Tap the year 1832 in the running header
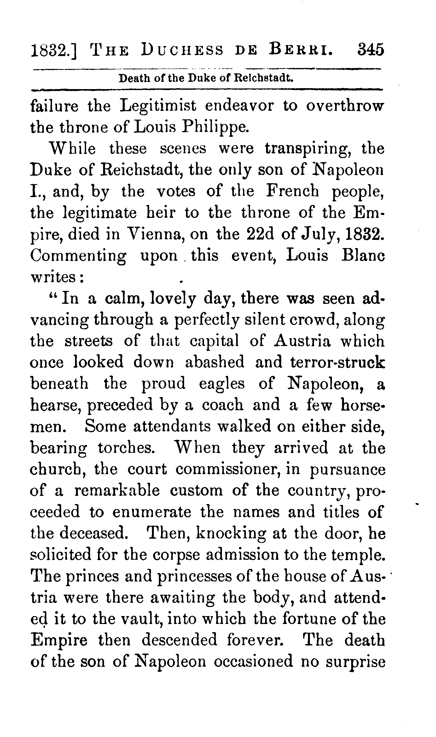tap(53, 50)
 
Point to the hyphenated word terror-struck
tap(337, 362)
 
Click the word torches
tap(126, 448)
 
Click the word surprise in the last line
tap(356, 662)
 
